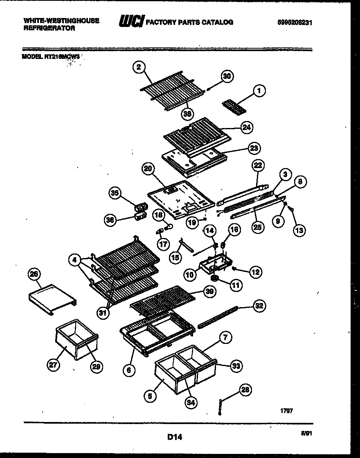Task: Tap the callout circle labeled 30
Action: click(227, 76)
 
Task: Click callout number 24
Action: click(246, 127)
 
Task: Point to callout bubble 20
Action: click(148, 168)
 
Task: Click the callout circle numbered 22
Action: click(257, 165)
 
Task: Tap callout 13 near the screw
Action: click(299, 230)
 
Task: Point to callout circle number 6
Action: click(129, 370)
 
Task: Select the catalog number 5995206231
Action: click(295, 22)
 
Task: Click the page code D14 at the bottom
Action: click(174, 438)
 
